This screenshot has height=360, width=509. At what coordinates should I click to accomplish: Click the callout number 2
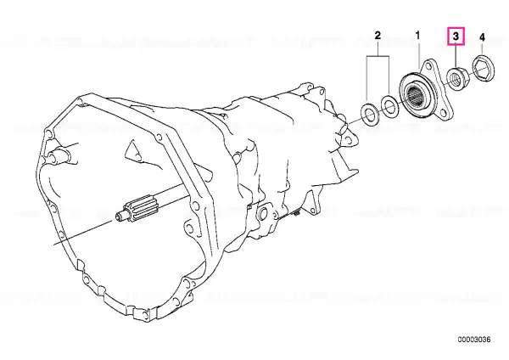[378, 35]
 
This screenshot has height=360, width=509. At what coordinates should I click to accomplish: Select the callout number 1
[417, 35]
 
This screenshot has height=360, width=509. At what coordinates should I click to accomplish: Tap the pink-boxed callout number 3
[456, 37]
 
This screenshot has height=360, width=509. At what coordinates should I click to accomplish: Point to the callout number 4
[482, 37]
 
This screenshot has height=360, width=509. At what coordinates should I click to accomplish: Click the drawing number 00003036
[474, 340]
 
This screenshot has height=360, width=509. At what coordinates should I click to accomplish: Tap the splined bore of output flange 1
[414, 94]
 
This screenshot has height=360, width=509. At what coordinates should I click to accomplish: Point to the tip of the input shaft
[118, 215]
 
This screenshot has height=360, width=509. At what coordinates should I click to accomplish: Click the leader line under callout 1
[418, 53]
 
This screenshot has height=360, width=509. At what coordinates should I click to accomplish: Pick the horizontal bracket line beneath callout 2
[378, 56]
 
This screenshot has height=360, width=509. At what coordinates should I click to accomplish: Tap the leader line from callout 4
[482, 49]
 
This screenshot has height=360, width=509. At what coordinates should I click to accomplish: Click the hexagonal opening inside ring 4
[483, 70]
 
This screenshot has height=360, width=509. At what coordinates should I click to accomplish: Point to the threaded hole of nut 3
[455, 77]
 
